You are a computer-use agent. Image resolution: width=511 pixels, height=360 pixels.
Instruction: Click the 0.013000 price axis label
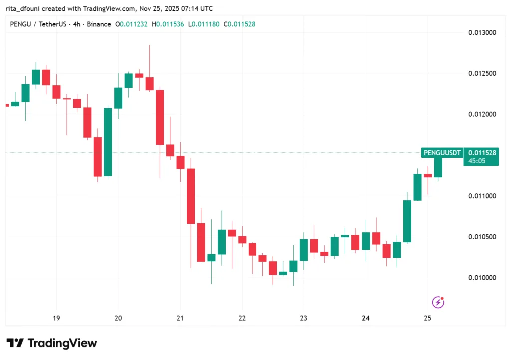pos(482,33)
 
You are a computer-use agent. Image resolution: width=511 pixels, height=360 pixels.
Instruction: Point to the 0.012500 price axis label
pos(482,74)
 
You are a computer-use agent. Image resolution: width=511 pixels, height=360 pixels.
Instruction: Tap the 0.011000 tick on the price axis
pos(482,196)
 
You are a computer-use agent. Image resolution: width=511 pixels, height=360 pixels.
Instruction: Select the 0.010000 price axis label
pos(482,278)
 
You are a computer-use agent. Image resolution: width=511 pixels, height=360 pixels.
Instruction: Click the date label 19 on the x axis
pos(56,318)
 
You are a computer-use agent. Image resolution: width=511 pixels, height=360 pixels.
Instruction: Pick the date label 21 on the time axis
pos(180,318)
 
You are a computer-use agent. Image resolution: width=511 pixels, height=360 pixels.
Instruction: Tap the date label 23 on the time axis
pos(304,318)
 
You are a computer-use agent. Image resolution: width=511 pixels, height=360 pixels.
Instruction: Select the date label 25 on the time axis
pos(427,318)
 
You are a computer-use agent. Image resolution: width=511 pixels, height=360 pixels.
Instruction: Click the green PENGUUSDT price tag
pos(442,153)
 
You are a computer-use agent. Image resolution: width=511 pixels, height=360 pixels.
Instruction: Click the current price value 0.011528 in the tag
pos(482,153)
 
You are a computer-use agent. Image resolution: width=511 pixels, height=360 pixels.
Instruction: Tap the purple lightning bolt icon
pos(438,302)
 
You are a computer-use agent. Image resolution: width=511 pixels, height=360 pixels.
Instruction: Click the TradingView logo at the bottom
pos(52,343)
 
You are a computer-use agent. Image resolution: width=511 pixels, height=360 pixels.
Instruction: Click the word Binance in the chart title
pos(99,24)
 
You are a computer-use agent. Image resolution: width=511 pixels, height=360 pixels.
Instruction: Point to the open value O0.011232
pos(131,24)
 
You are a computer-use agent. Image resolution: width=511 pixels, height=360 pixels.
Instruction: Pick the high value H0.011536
pos(171,24)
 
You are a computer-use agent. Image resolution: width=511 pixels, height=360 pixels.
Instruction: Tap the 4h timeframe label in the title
pos(77,24)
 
